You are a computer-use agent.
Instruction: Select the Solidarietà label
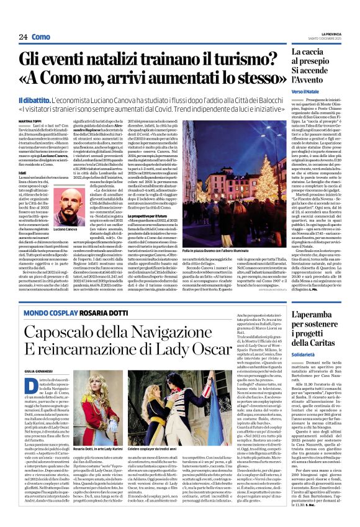pos(297,357)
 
